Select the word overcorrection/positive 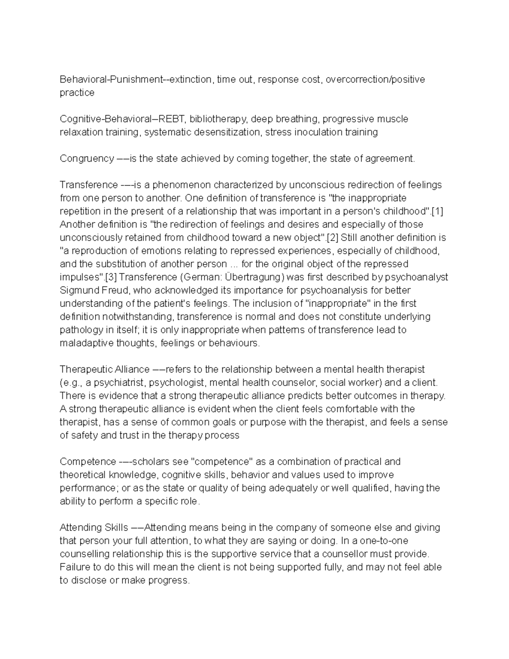pos(375,79)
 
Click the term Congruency pos(87,159)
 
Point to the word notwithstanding pos(138,317)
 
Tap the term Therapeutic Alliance pos(105,369)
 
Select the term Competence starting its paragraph pos(88,462)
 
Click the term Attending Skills pos(94,527)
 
